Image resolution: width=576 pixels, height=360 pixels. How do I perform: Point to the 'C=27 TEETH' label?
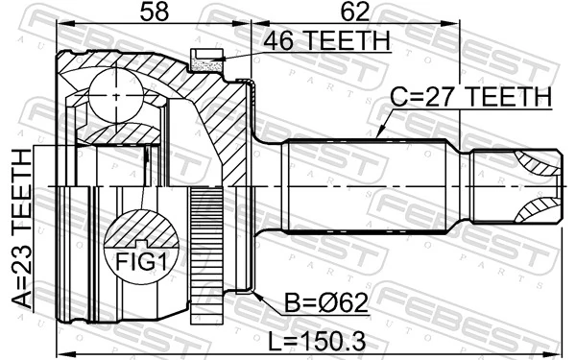pos(469,97)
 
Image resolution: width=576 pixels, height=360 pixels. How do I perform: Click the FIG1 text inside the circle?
pos(142,260)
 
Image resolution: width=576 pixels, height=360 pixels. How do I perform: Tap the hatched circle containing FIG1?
pos(142,245)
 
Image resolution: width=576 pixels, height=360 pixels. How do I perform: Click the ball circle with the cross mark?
pos(115,97)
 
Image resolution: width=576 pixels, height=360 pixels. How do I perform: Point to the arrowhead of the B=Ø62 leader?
pos(253,288)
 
